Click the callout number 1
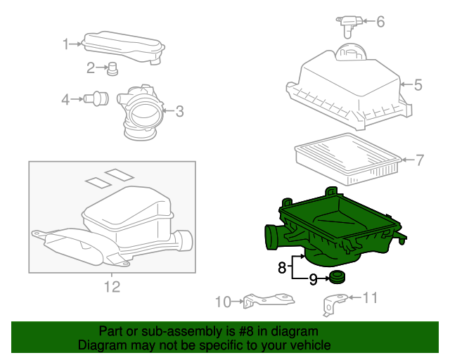tap(66, 44)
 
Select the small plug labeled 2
tap(111, 68)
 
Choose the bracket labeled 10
tap(267, 300)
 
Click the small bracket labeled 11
tap(333, 304)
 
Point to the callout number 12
tap(112, 286)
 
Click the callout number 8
tap(281, 267)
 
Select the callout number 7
tap(419, 160)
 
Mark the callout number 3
tap(179, 110)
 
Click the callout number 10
tap(223, 302)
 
